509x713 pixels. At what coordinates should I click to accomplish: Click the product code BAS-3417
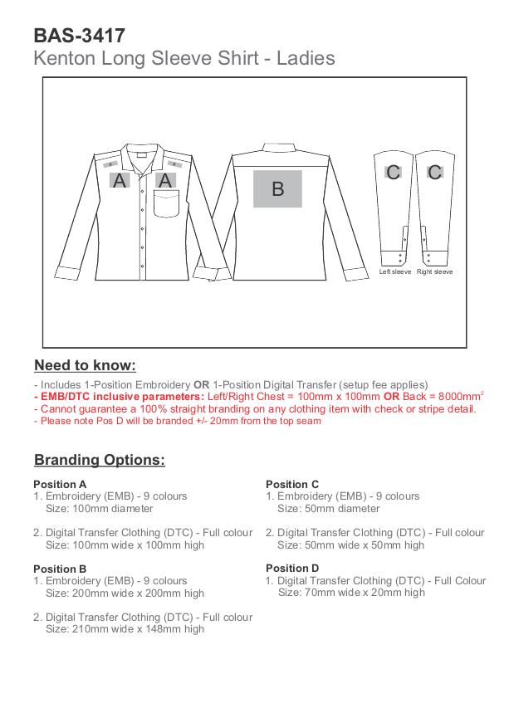point(80,36)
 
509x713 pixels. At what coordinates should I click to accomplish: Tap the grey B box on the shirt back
point(277,188)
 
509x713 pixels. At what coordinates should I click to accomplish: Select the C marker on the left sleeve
point(394,172)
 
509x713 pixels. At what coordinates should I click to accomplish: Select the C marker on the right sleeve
point(434,172)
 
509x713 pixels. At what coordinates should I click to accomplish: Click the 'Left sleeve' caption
point(395,272)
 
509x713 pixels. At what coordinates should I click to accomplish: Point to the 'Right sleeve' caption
point(434,272)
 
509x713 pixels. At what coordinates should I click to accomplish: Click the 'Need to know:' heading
point(85,366)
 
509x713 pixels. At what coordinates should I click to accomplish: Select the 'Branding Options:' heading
point(100,460)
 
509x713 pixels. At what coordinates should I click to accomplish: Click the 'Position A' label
point(60,484)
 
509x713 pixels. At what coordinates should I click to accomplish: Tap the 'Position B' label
point(60,569)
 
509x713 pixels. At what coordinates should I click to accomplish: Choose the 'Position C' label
point(292,484)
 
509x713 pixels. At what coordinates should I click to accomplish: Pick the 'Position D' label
point(292,569)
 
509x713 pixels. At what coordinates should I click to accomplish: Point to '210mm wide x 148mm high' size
point(125,629)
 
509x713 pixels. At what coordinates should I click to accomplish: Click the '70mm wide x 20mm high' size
point(351,593)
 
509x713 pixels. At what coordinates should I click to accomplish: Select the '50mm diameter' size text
point(328,509)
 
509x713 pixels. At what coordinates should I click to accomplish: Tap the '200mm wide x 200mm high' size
point(125,593)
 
